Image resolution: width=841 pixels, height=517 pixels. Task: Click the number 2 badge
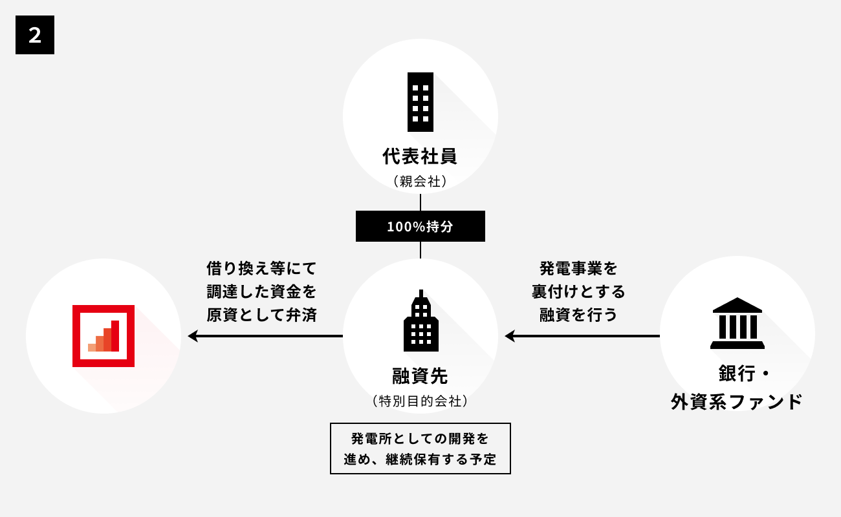tap(35, 35)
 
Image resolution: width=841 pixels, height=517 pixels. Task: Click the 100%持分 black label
tap(420, 227)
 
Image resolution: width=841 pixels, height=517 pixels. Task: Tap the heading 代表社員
tap(420, 156)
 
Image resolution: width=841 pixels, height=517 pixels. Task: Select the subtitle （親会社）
tap(420, 182)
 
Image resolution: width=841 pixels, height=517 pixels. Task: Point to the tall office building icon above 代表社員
tap(420, 101)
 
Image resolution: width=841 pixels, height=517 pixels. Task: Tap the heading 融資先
tap(420, 375)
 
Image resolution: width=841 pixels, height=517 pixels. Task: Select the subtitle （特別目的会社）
tap(420, 401)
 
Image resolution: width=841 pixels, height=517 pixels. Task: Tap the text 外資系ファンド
tap(737, 402)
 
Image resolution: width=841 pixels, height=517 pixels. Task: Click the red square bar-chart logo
tap(104, 336)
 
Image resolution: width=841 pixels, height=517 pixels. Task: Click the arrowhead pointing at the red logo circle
tap(192, 336)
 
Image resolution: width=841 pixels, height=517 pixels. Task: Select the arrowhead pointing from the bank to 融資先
tap(509, 336)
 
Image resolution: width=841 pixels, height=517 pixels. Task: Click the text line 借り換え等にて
tap(261, 268)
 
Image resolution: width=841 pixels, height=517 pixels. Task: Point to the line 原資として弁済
tap(261, 315)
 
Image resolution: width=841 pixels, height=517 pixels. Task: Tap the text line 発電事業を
tap(578, 268)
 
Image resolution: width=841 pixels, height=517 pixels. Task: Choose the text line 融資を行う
tap(578, 315)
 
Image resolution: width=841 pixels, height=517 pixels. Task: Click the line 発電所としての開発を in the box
tap(420, 439)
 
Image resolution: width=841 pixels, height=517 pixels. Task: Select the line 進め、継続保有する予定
tap(420, 459)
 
